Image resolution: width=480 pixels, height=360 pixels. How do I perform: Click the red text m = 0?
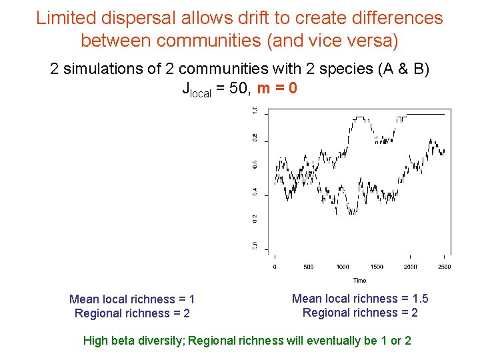point(277,88)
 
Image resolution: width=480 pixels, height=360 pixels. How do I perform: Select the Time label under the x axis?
point(359,281)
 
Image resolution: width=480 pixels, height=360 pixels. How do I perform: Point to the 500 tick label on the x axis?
point(309,267)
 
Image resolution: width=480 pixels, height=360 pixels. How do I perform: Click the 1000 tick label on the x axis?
point(343,267)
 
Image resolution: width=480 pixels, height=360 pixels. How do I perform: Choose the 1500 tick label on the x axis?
point(377,267)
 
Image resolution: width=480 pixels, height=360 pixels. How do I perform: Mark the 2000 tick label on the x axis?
point(411,267)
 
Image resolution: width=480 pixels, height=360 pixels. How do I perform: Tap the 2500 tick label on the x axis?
point(444,267)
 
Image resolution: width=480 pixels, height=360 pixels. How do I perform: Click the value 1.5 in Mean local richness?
point(420,299)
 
